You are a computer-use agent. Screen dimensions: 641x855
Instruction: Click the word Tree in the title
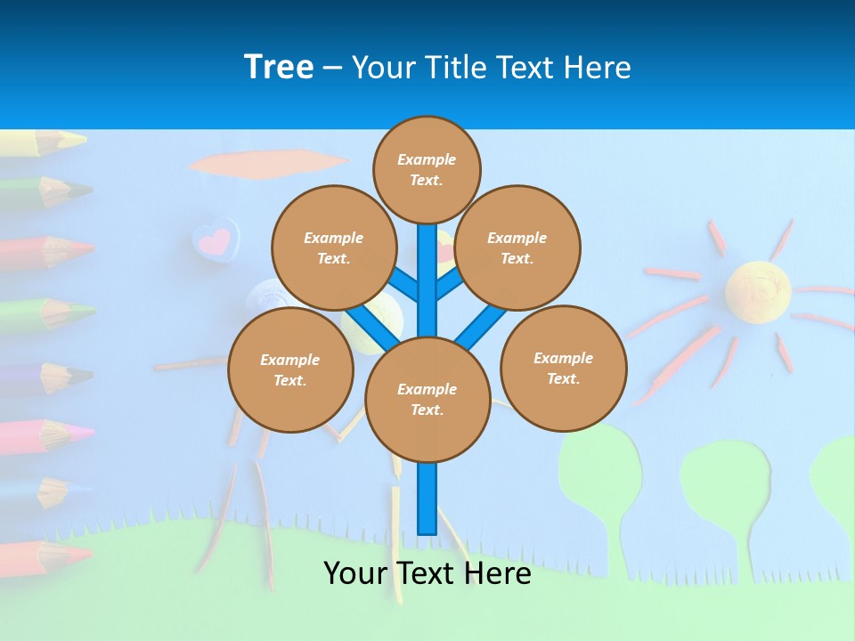click(279, 67)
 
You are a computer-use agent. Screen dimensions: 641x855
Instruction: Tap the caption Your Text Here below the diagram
click(427, 573)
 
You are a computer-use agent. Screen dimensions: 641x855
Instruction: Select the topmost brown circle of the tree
click(427, 169)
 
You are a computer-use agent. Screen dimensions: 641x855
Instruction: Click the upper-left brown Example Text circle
click(334, 247)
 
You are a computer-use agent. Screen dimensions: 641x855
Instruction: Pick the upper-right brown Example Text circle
click(517, 247)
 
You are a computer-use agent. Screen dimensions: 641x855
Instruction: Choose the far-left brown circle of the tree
click(290, 369)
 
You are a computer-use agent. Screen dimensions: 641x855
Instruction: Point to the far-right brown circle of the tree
click(564, 368)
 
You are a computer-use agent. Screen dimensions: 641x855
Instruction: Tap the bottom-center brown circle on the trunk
click(427, 400)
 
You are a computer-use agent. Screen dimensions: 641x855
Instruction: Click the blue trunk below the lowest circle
click(427, 499)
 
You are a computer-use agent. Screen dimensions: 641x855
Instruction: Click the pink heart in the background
click(215, 240)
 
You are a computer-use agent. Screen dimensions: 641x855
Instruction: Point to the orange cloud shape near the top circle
click(267, 164)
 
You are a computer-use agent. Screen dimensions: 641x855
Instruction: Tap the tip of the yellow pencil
click(80, 140)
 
